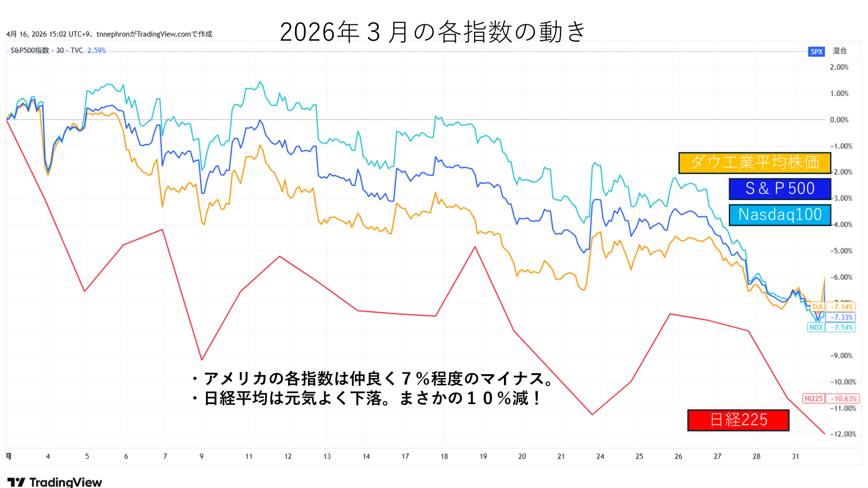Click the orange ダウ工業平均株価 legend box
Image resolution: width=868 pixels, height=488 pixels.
click(755, 163)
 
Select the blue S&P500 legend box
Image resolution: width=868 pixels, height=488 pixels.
click(780, 189)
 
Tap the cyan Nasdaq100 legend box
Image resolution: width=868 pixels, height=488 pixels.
click(780, 215)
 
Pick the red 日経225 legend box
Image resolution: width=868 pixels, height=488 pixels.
click(738, 420)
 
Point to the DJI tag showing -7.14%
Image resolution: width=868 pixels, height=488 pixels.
click(833, 307)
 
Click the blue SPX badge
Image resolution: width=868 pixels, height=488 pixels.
click(816, 52)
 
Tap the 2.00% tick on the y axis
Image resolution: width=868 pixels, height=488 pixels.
click(839, 67)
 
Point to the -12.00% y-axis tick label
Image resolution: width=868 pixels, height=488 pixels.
click(843, 434)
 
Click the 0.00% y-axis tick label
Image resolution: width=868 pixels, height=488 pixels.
click(839, 120)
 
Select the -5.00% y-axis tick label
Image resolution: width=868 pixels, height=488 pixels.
click(841, 251)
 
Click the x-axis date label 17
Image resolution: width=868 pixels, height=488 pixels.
click(405, 457)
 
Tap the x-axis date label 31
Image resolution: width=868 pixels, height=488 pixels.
click(795, 457)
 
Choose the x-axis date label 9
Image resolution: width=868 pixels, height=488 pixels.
click(201, 457)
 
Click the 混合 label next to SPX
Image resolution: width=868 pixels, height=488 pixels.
click(840, 51)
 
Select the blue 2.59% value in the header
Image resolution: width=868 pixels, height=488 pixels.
click(97, 50)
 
